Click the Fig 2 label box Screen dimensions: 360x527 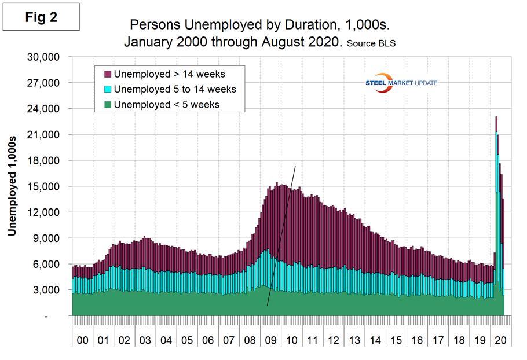coord(41,17)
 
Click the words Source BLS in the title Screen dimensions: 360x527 coord(371,43)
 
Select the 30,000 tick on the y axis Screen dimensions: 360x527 coord(45,57)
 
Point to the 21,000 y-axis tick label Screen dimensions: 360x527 coord(45,135)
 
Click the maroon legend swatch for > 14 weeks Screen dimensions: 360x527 coord(107,74)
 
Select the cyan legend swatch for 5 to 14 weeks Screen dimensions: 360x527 coord(107,89)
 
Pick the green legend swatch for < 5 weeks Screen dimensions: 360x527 coord(107,104)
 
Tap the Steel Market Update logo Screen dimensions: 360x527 coord(400,83)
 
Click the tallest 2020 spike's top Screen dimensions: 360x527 coord(496,117)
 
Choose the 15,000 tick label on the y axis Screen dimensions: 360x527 coord(45,186)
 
